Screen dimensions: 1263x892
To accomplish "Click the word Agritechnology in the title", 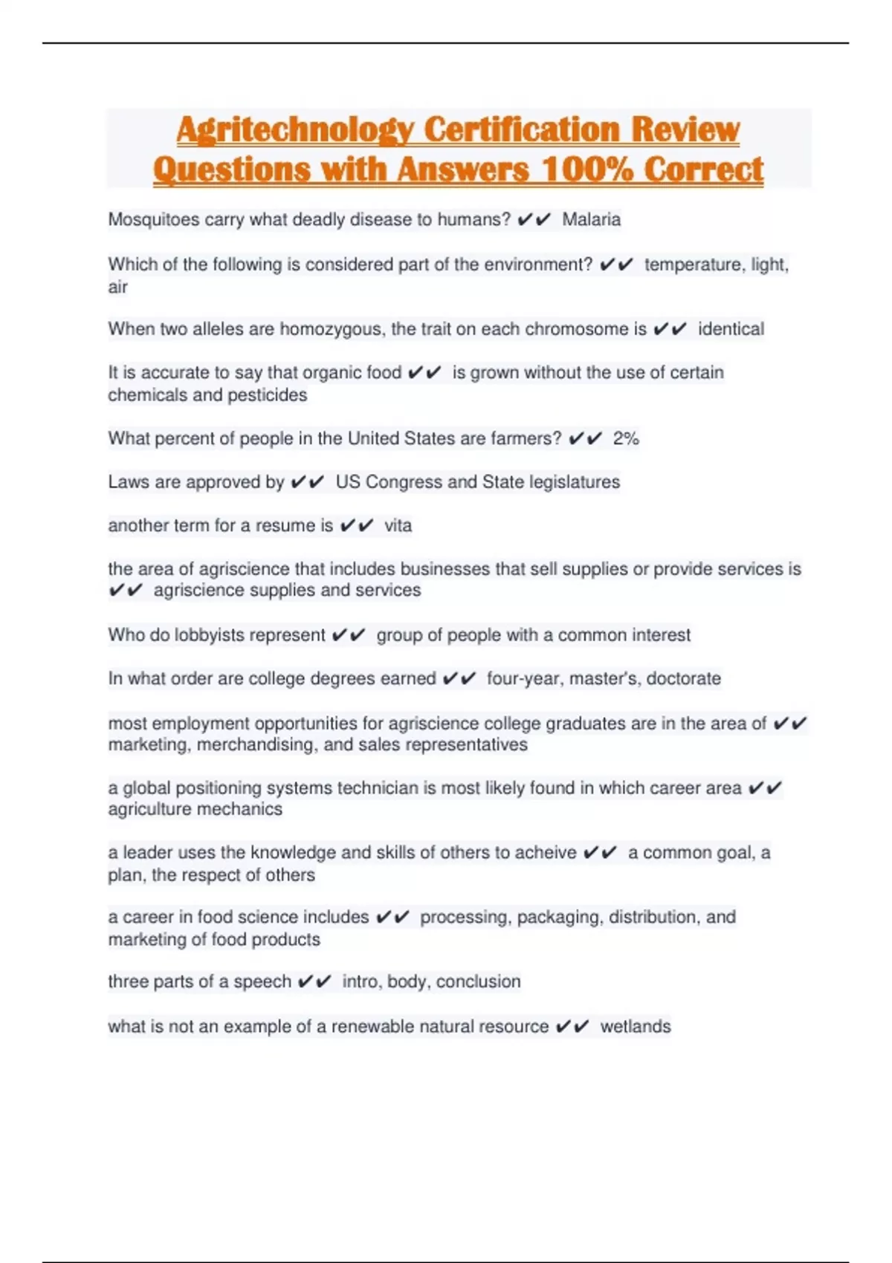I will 295,130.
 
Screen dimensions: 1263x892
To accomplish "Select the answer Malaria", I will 591,220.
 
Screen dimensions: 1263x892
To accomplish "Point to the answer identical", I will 731,329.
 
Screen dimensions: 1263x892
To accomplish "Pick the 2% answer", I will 626,438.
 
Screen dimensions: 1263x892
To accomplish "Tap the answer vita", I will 398,526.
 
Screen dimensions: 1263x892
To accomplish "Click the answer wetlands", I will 635,1027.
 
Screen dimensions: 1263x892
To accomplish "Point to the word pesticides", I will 267,395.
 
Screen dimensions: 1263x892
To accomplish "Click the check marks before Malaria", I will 534,220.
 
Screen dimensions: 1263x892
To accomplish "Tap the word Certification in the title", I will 522,130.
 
